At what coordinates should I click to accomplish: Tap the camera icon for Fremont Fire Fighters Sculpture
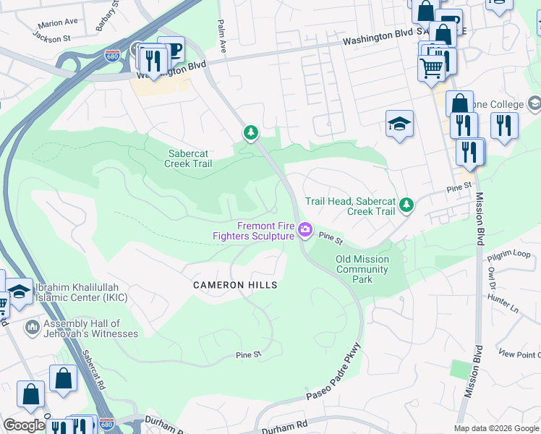305,230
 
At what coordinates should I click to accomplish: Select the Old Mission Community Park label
362,269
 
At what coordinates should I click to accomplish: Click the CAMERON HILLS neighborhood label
235,286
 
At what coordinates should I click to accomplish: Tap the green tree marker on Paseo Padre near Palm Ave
251,132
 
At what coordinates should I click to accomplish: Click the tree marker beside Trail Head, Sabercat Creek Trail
406,205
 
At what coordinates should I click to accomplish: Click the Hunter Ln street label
503,300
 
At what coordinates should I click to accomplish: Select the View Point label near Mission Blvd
519,354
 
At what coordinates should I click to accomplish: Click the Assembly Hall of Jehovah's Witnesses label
90,329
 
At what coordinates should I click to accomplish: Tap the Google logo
24,425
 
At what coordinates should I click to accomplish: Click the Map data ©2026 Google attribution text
496,428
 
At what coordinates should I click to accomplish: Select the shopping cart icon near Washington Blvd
431,69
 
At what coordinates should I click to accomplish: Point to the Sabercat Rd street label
93,371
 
